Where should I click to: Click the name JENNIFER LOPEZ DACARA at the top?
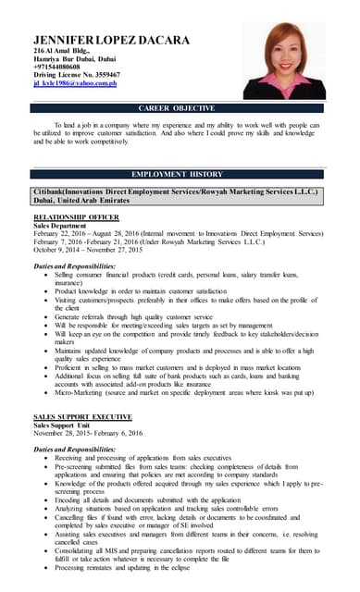111,40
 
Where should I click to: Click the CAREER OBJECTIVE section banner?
180,109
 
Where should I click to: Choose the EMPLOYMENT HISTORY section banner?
180,174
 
